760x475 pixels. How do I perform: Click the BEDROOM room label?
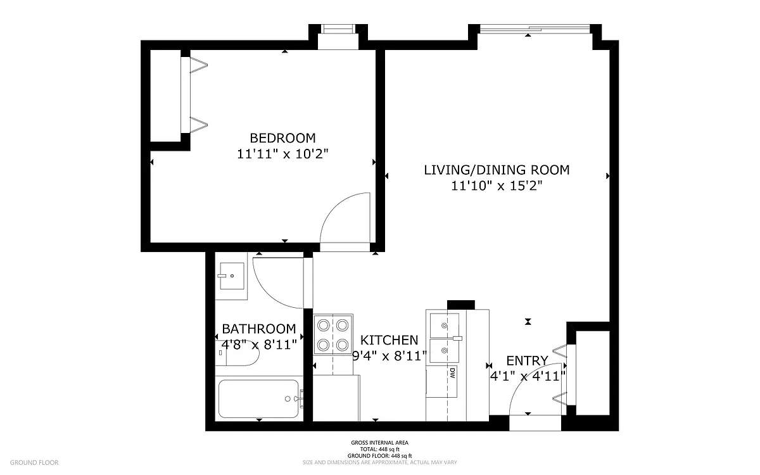(282, 138)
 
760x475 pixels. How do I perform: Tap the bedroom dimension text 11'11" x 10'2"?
(282, 154)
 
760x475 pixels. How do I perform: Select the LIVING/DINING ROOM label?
(497, 170)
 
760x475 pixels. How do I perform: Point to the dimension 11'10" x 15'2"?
(497, 186)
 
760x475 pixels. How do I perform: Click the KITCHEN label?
(389, 340)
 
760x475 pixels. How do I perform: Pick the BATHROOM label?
(259, 329)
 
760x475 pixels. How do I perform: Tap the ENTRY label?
(527, 360)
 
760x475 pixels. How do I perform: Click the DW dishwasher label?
(452, 374)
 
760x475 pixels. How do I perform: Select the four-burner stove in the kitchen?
(333, 335)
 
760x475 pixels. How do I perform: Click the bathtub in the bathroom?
(259, 398)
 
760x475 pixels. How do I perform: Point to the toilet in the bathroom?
(237, 353)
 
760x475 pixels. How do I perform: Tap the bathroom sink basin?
(232, 276)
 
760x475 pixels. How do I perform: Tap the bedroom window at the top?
(338, 29)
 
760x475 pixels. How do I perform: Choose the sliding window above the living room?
(535, 28)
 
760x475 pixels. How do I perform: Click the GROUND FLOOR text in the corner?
(34, 462)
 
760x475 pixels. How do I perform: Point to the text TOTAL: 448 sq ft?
(379, 449)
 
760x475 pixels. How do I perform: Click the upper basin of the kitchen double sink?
(444, 326)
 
